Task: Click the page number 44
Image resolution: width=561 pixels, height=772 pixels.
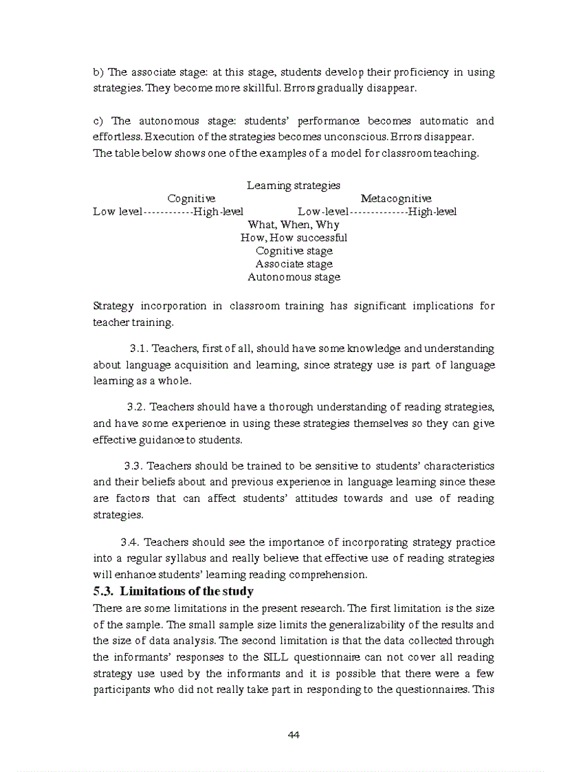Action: pos(294,735)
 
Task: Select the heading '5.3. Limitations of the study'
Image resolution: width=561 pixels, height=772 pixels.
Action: pos(173,591)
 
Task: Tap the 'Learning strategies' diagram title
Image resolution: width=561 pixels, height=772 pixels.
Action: pos(294,186)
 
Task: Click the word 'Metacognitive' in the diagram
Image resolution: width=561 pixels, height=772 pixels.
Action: pos(396,199)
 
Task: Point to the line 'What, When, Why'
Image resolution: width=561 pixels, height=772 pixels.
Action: pos(294,225)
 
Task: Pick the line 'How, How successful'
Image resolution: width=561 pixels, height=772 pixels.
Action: pos(294,238)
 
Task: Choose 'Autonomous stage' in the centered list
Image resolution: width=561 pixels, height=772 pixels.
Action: pos(294,277)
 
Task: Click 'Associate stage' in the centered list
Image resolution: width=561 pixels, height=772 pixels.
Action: pos(294,264)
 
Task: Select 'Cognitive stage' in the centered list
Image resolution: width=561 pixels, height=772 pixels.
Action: pos(294,251)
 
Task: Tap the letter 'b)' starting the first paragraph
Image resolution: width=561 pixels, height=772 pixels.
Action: pos(98,73)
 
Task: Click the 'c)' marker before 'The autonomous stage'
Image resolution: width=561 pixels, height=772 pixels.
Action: pos(98,122)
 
